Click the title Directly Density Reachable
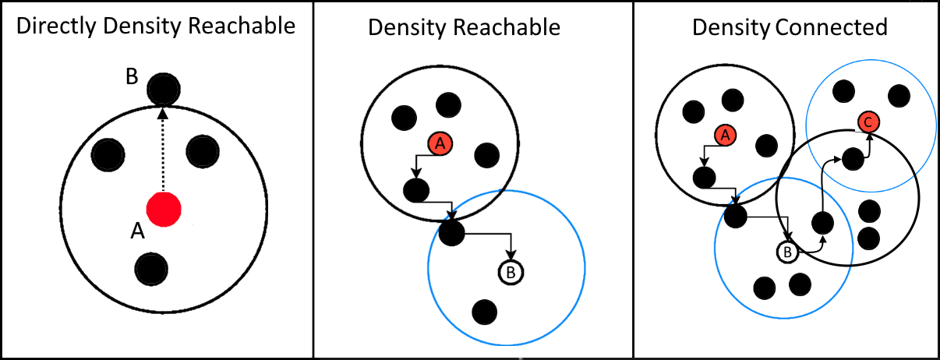tap(156, 26)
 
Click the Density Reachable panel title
tap(464, 28)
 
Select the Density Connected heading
tap(790, 28)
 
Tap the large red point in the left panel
tap(164, 208)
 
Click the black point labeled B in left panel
tap(163, 90)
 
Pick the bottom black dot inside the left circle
tap(151, 268)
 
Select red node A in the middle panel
tap(440, 143)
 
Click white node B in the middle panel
tap(511, 272)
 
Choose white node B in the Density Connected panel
tap(787, 252)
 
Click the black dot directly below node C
tap(853, 159)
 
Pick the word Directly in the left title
tap(51, 26)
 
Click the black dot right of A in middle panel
tap(486, 154)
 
